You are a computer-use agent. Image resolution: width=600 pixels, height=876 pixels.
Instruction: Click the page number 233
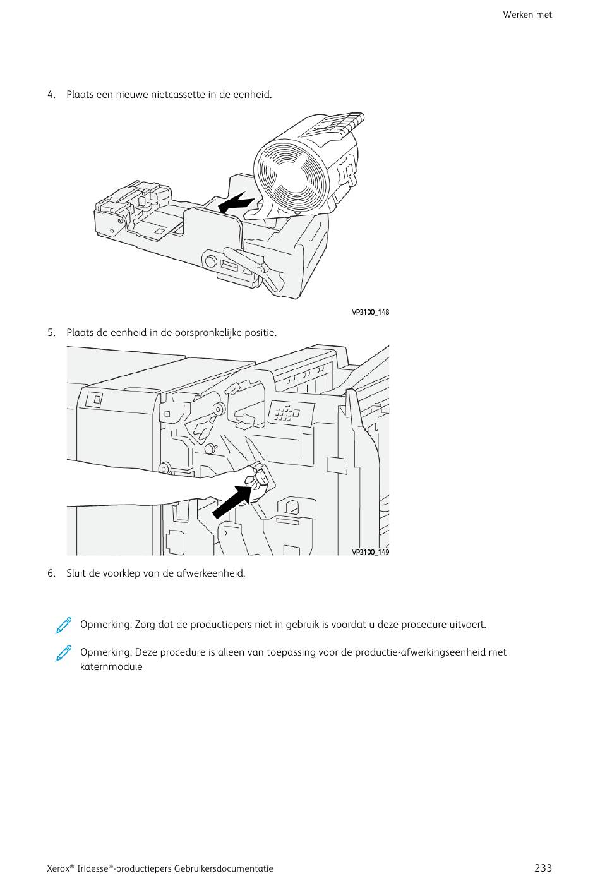click(x=543, y=868)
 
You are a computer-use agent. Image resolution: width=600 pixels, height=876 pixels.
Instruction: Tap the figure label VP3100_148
click(x=370, y=312)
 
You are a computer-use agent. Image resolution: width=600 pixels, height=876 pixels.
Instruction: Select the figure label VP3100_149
click(x=370, y=552)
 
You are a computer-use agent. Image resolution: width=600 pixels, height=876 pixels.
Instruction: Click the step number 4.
click(x=51, y=95)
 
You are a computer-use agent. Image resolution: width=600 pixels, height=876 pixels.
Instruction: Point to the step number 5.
click(x=51, y=333)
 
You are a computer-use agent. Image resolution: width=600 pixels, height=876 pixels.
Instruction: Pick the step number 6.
click(x=51, y=573)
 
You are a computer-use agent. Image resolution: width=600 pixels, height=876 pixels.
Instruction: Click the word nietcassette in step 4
click(x=178, y=95)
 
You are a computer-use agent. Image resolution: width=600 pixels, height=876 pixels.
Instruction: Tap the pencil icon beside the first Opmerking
click(x=63, y=625)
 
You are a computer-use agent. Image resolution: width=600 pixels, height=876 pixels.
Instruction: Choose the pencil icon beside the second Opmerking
click(x=63, y=653)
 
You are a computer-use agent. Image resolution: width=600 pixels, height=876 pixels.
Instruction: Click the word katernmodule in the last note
click(x=111, y=667)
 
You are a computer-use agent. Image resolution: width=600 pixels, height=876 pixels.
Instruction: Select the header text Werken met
click(x=527, y=15)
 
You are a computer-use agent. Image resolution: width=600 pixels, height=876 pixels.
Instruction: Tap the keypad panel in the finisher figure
click(x=291, y=414)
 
